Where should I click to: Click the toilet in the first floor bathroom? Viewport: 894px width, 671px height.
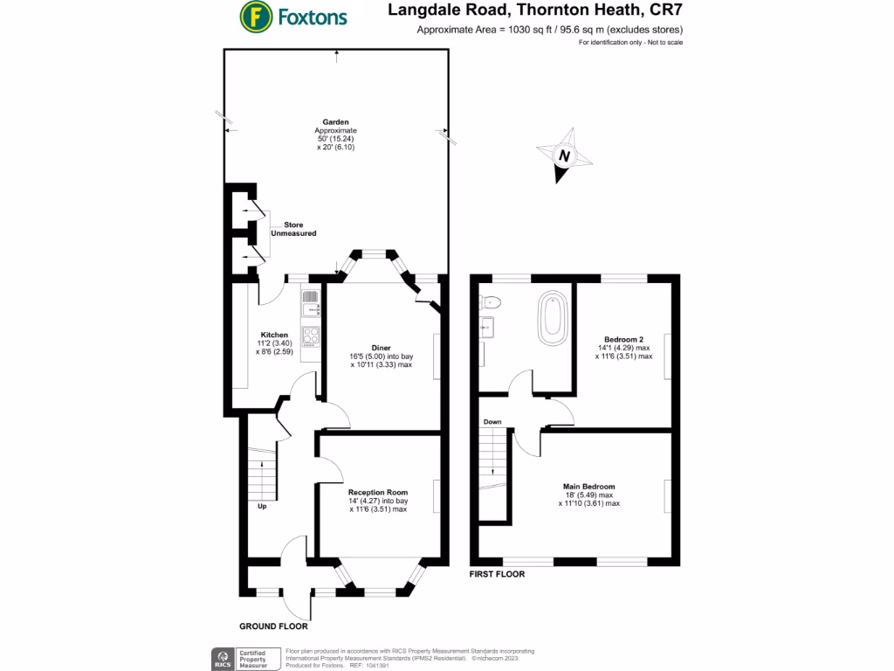click(x=492, y=302)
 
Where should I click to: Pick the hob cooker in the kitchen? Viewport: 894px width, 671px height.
click(x=311, y=335)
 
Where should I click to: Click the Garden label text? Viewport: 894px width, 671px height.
click(x=336, y=122)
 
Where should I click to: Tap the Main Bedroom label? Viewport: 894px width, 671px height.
click(x=589, y=487)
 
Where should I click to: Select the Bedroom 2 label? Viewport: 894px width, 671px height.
click(x=623, y=339)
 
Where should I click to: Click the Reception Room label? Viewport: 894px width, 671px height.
click(x=379, y=493)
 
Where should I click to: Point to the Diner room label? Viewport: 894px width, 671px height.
click(x=380, y=346)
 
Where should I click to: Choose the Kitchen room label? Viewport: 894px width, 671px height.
click(x=274, y=335)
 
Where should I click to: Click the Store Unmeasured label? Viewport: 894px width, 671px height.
click(x=293, y=230)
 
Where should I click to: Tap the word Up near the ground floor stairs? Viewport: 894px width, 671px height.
click(x=261, y=506)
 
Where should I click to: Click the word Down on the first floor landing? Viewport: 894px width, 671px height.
click(x=492, y=422)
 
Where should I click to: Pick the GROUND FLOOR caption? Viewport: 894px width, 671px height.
click(x=273, y=626)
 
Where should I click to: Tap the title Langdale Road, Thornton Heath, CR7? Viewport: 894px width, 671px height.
click(x=534, y=12)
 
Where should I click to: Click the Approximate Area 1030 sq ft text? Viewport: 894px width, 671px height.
click(x=549, y=31)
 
